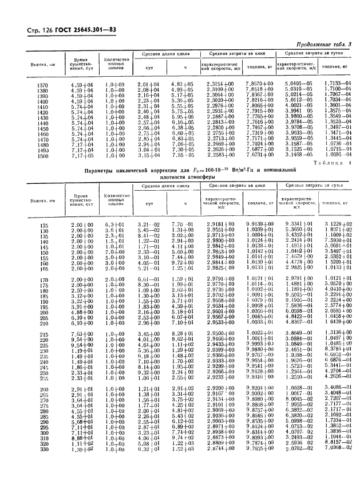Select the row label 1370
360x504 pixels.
[x=43, y=85]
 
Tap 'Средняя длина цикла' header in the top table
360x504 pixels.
[x=164, y=54]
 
